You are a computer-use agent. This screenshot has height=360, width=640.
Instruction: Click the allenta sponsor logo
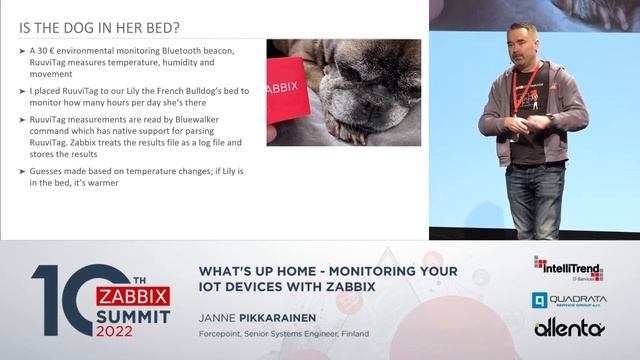[x=568, y=329]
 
